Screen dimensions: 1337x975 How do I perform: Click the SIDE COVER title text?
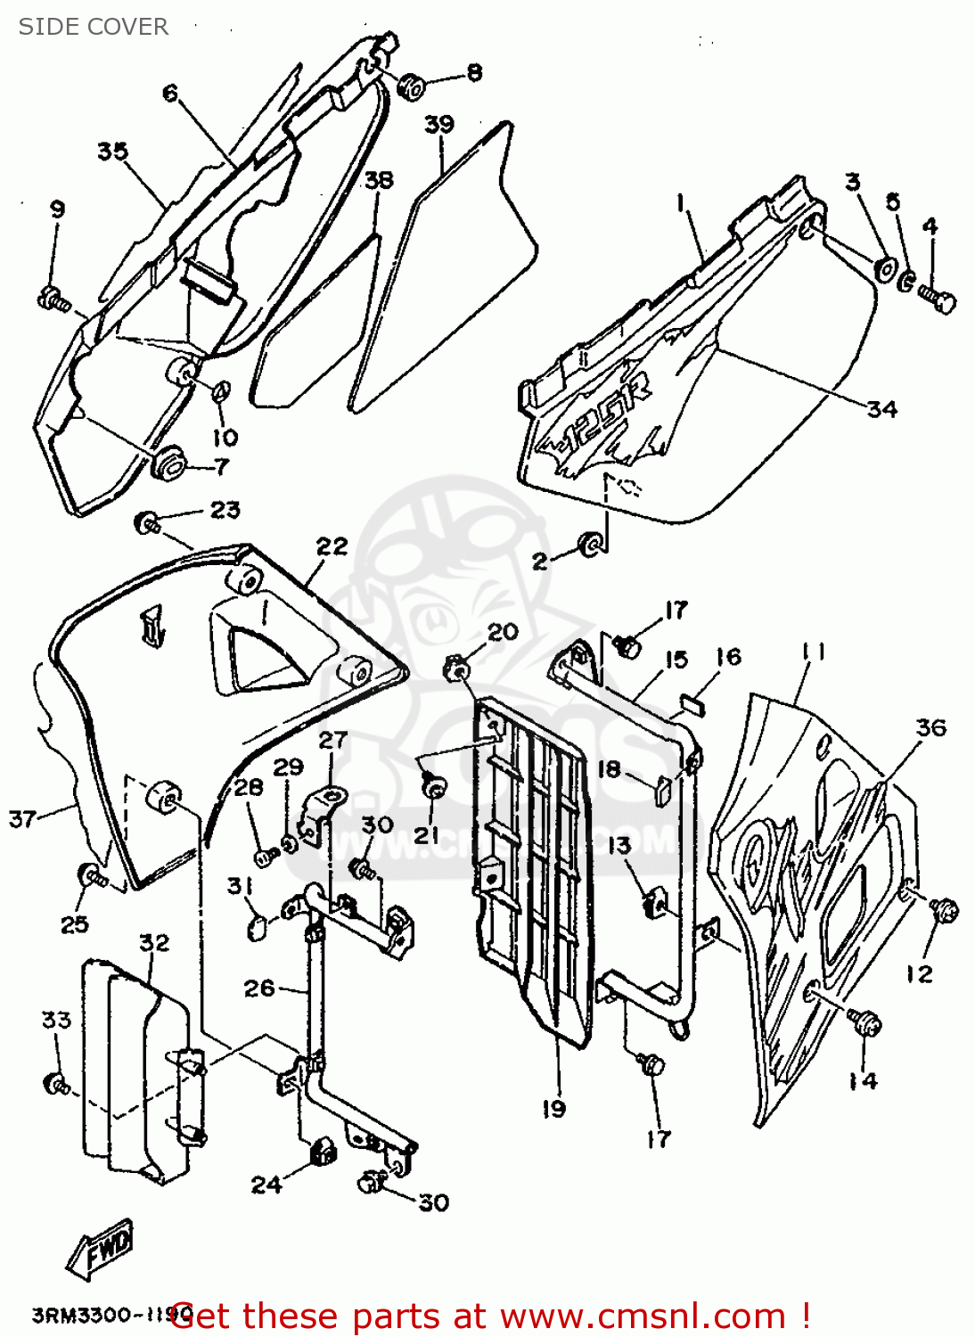pyautogui.click(x=93, y=27)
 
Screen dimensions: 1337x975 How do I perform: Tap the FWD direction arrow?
pyautogui.click(x=101, y=1247)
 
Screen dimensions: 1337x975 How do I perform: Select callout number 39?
pyautogui.click(x=438, y=124)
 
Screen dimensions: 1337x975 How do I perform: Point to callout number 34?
pyautogui.click(x=881, y=408)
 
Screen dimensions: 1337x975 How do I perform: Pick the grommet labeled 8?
pyautogui.click(x=411, y=86)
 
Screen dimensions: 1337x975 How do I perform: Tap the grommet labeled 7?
pyautogui.click(x=168, y=462)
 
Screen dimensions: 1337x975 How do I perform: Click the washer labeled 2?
pyautogui.click(x=589, y=544)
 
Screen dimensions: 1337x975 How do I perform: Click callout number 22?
pyautogui.click(x=332, y=545)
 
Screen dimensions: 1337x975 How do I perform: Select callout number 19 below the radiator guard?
pyautogui.click(x=553, y=1108)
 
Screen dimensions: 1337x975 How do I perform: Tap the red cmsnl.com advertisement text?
pyautogui.click(x=490, y=1316)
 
